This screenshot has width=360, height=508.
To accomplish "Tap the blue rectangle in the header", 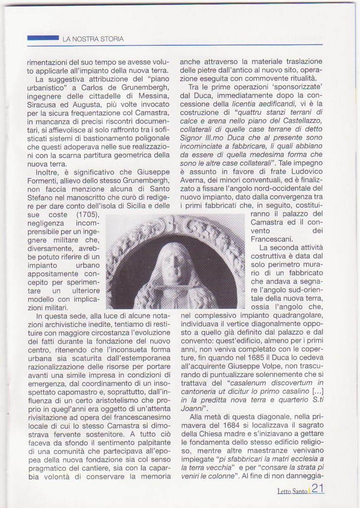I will click(x=43, y=38).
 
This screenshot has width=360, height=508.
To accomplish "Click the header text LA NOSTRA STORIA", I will click(x=93, y=39).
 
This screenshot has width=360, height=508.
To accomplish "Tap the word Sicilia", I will click(x=116, y=205).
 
